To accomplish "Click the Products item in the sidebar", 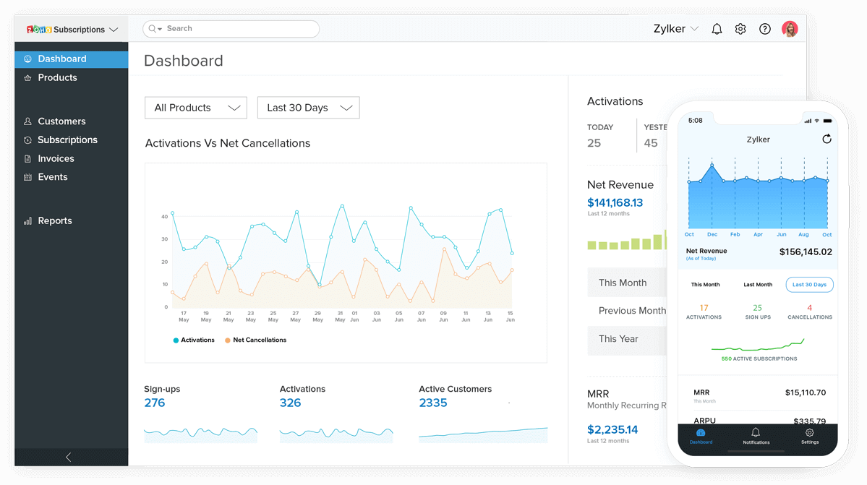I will coord(57,77).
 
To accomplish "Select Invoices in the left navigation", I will coord(56,158).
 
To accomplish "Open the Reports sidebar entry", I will coord(54,220).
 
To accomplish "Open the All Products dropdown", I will coord(196,108).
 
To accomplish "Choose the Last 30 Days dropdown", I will coord(308,108).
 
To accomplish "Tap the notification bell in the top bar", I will coord(717,30).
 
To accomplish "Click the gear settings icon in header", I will coord(740,30).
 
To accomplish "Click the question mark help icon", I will coord(764,30).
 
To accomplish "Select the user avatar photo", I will coord(790,30).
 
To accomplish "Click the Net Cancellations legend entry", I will coord(259,340).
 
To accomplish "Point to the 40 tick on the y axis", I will coord(165,216).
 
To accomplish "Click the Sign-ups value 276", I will coord(155,403).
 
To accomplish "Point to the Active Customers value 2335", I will coord(433,403).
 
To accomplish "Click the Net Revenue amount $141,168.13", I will coord(615,202).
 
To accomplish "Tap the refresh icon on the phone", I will coord(827,139).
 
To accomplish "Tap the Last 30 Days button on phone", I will coord(809,285).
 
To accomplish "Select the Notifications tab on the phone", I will coord(756,436).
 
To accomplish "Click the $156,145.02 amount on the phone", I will coord(805,252).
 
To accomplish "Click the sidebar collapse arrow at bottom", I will coord(69,457).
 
